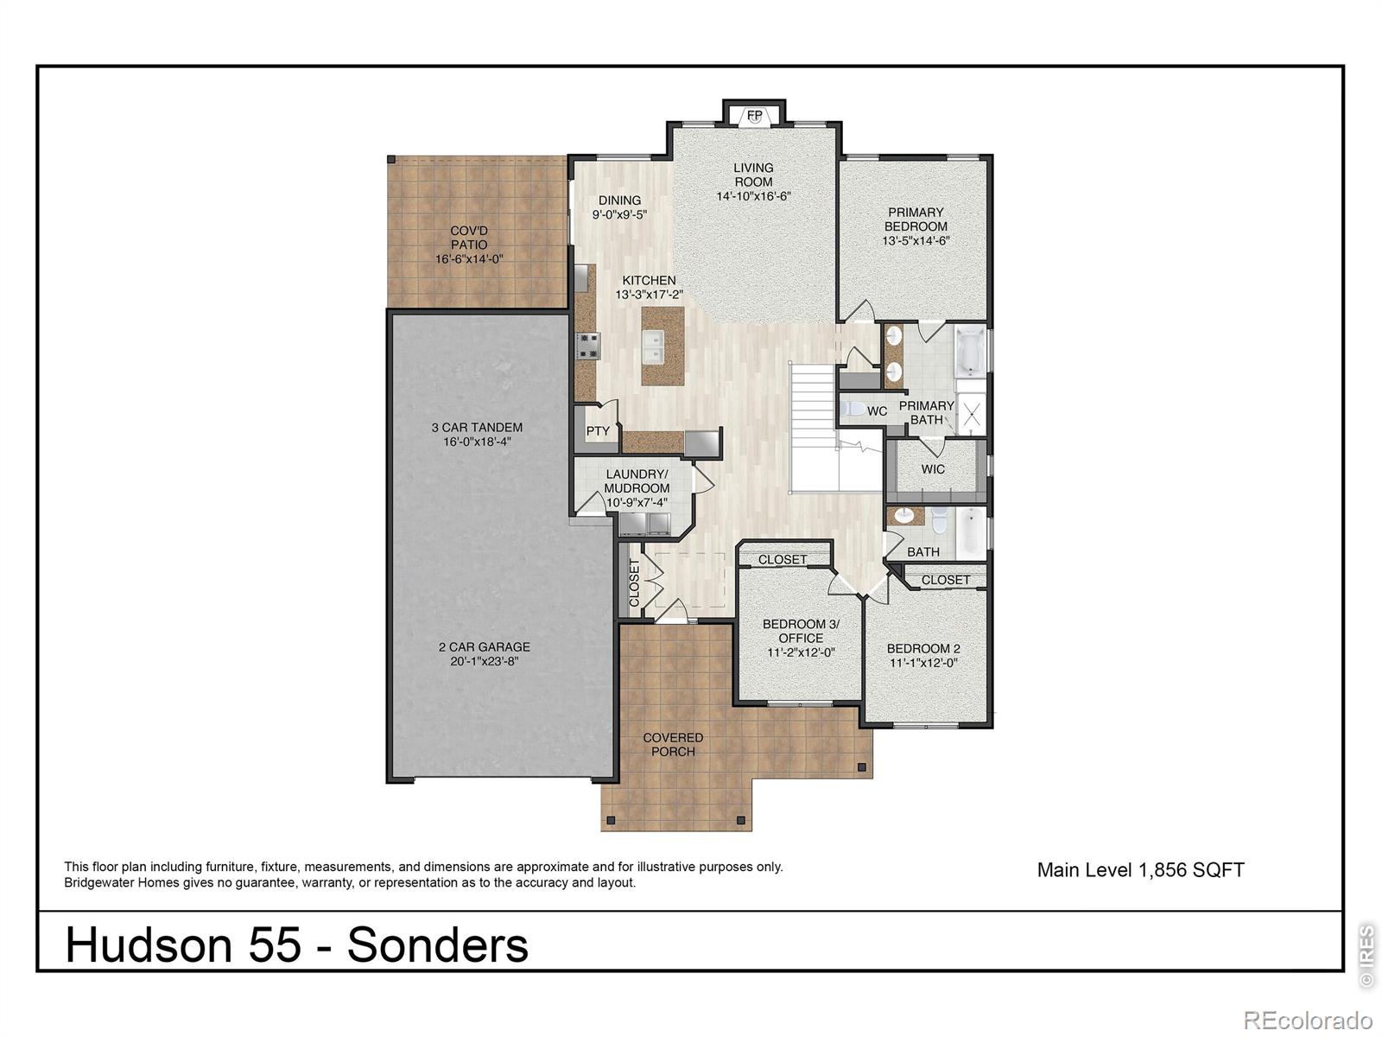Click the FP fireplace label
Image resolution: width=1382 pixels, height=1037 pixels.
coord(755,115)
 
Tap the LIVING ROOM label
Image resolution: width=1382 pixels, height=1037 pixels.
coord(753,175)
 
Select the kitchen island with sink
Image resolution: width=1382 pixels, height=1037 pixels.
coord(662,346)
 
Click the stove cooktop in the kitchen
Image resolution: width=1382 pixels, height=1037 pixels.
coord(588,346)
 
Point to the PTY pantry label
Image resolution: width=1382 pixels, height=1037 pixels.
coord(598,430)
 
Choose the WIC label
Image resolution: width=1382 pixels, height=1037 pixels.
coord(933,469)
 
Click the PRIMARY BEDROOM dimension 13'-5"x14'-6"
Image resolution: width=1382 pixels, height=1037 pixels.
coord(916,241)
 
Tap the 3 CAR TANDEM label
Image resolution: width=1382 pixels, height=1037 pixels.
coord(477,427)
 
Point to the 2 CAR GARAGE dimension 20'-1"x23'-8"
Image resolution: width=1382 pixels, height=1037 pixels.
coord(484,662)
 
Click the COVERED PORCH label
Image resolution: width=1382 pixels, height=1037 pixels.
coord(673,744)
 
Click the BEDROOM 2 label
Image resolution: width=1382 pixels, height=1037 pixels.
coord(923,648)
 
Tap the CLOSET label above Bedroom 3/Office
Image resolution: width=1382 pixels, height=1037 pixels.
coord(783,560)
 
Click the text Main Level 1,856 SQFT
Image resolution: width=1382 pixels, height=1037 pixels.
coord(1140,870)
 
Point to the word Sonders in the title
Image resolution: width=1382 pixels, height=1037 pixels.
coord(437,945)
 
